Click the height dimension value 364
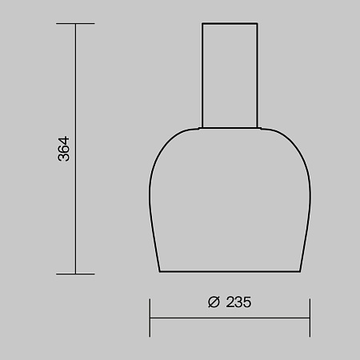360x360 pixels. (x=64, y=149)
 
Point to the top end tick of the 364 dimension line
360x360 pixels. (x=74, y=23)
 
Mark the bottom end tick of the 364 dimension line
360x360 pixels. (x=74, y=274)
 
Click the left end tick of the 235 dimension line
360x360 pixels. (x=150, y=318)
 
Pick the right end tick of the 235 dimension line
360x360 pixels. (x=310, y=318)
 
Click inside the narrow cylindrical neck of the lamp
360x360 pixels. (x=230, y=76)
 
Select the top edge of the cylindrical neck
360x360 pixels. (x=230, y=24)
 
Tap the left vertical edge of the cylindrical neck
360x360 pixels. (x=202, y=76)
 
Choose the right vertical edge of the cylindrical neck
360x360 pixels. (x=258, y=76)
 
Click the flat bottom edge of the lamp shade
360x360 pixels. (x=230, y=272)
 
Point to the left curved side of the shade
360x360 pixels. (x=151, y=192)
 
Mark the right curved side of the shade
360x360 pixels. (x=309, y=192)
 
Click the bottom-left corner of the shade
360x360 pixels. (x=160, y=272)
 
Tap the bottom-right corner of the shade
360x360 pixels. (x=300, y=272)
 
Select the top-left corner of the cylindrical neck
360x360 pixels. (x=202, y=24)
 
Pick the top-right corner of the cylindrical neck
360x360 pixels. (x=258, y=24)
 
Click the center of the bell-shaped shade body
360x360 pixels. (x=230, y=200)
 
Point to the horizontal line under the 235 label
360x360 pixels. (x=230, y=318)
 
